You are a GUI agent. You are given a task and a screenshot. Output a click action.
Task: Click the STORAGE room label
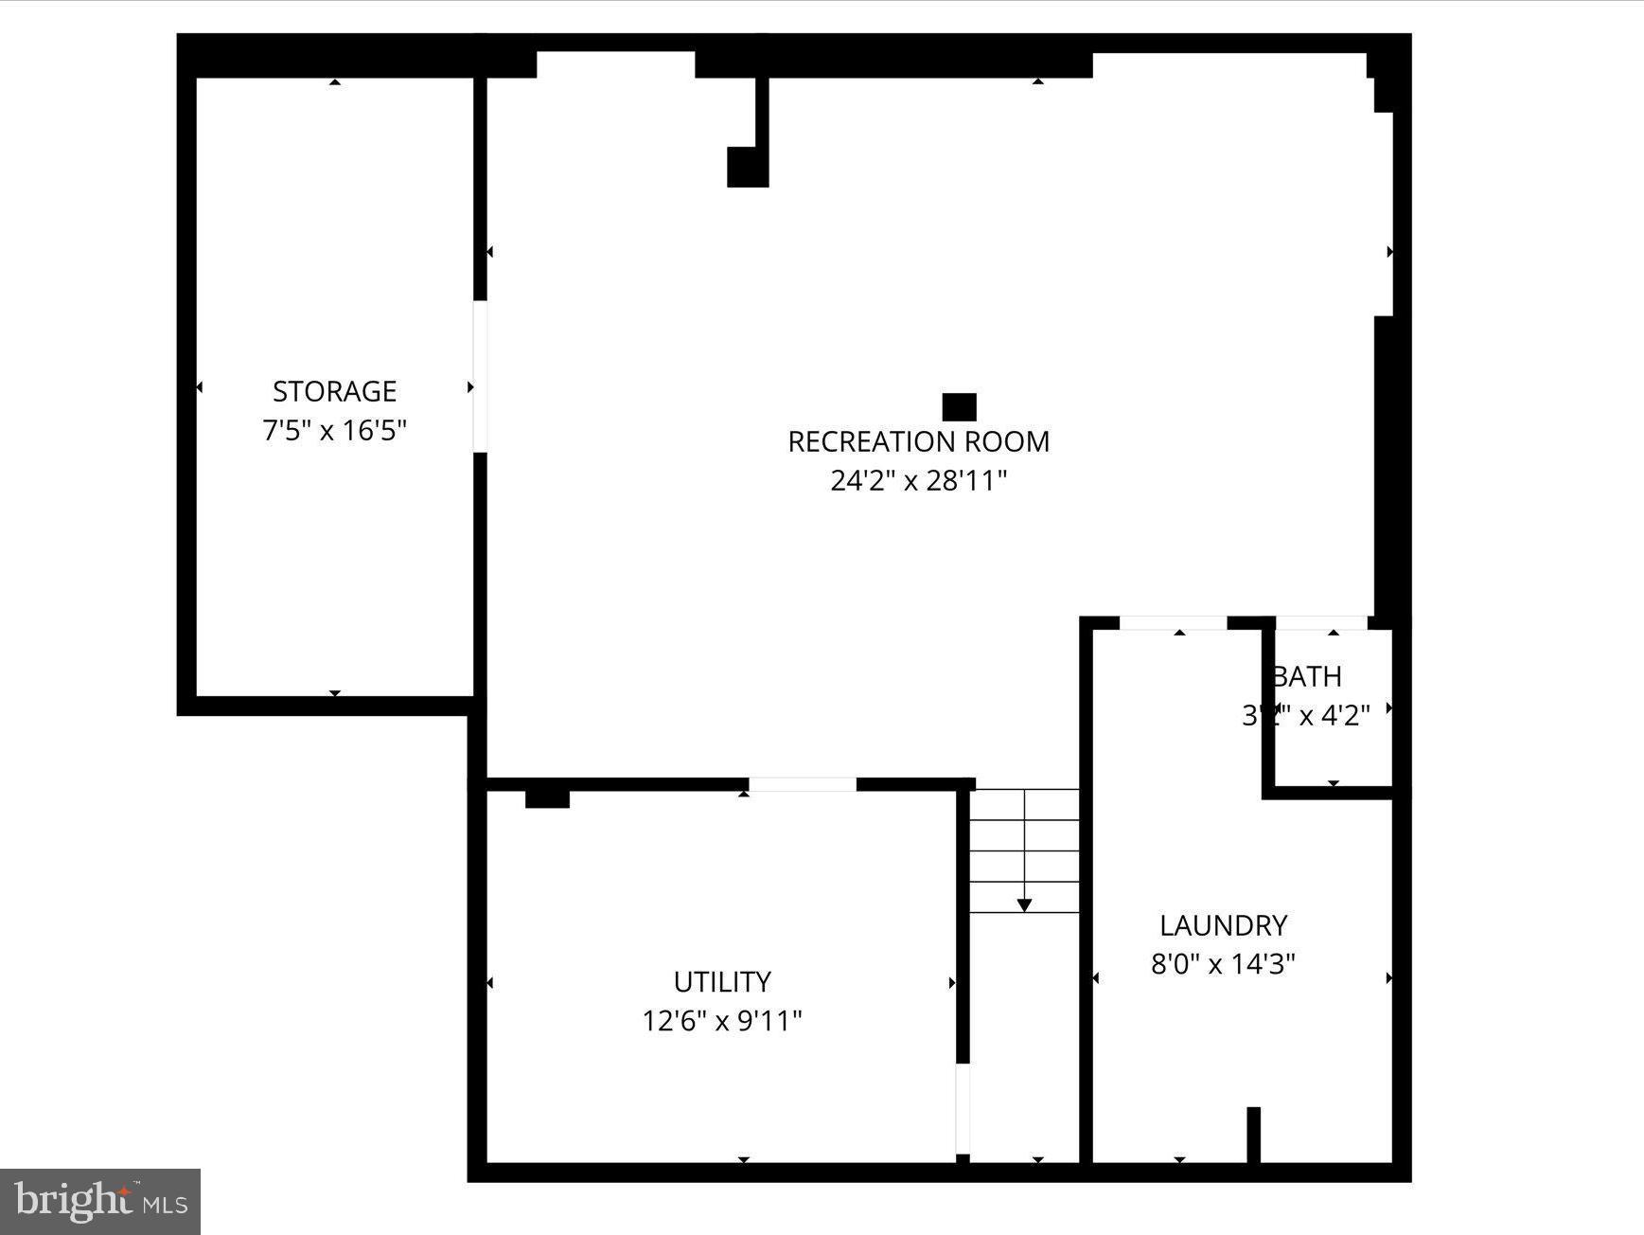334,391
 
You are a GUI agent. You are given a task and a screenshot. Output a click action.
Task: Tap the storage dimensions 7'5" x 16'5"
334,431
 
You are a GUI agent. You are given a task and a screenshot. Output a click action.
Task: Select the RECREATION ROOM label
918,441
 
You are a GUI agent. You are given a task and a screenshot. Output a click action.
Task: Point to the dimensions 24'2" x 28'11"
918,481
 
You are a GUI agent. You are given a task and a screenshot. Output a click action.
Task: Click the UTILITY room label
722,981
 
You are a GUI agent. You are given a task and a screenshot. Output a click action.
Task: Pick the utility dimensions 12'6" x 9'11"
722,1021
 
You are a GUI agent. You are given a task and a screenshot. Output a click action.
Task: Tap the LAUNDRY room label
1223,924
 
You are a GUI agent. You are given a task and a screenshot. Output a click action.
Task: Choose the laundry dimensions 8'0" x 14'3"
1223,964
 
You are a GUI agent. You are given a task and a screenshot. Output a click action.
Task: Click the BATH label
1307,676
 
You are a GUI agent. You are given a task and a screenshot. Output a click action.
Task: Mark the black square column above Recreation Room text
959,407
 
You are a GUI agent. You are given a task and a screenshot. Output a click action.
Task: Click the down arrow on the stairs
1024,904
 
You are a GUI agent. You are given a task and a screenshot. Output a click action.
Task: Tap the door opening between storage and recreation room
480,376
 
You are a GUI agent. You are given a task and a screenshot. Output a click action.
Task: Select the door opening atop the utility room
803,784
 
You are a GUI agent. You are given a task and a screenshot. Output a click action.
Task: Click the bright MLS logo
100,1202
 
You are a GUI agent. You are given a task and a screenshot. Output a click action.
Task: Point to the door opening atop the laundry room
1173,622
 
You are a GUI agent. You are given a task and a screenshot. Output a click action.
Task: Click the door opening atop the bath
1321,622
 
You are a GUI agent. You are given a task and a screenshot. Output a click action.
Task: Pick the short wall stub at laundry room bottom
1253,1134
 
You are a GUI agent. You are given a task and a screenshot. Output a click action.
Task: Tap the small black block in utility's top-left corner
547,798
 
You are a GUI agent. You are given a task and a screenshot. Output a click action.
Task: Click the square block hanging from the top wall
748,167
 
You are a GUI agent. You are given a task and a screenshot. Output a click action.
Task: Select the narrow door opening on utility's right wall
963,1108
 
